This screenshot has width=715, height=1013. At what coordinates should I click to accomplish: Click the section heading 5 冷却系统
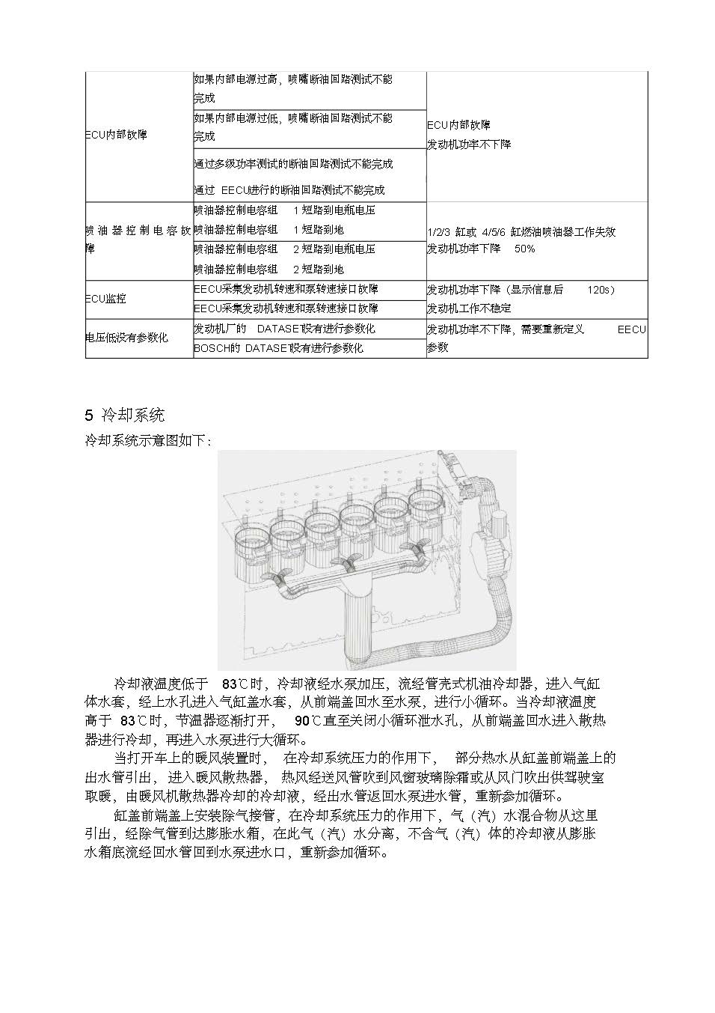click(125, 415)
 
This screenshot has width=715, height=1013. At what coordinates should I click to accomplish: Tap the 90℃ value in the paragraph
click(304, 720)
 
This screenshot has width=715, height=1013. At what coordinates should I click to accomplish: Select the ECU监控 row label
click(106, 298)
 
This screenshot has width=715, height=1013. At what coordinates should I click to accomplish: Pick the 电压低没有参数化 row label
click(126, 338)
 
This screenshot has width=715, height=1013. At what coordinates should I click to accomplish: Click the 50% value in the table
click(524, 249)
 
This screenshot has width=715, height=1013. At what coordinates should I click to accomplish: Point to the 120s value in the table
click(601, 289)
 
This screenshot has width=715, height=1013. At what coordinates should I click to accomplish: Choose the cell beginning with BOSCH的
click(278, 348)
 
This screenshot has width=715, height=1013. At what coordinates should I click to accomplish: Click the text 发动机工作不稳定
click(469, 308)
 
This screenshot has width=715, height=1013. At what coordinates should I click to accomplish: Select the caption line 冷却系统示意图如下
click(148, 441)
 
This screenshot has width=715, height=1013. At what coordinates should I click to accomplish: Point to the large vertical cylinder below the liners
click(358, 621)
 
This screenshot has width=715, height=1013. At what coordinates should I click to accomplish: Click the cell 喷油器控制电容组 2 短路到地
click(268, 269)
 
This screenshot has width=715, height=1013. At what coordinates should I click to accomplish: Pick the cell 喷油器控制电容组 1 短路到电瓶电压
click(284, 210)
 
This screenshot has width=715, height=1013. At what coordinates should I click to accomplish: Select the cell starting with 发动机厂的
click(284, 329)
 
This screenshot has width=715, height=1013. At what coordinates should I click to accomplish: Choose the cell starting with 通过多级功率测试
click(293, 163)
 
